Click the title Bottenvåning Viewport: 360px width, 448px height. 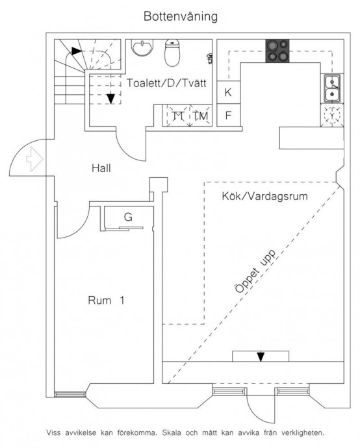[x=181, y=17]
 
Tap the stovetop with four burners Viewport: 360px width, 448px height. [x=277, y=51]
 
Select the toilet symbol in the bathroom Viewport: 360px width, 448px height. [x=172, y=53]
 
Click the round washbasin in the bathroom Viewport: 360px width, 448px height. [x=142, y=47]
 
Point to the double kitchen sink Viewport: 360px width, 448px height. [x=332, y=88]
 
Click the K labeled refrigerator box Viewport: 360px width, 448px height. [x=228, y=92]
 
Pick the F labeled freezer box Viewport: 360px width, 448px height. [x=228, y=115]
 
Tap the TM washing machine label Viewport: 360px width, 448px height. [x=200, y=116]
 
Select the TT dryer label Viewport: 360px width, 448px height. [x=178, y=116]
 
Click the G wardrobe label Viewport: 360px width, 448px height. [x=128, y=217]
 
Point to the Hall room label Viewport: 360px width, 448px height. [x=101, y=168]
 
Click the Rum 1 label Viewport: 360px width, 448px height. [x=106, y=300]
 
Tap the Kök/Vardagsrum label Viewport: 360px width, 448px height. [x=264, y=196]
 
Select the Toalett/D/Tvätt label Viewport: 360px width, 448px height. [x=166, y=83]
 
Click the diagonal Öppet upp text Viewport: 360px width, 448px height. [x=255, y=271]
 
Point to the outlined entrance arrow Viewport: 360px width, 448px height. [x=35, y=159]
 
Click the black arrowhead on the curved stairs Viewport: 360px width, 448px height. [x=76, y=51]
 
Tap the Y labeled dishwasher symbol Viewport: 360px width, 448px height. [x=332, y=115]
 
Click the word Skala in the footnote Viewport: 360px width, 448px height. [x=172, y=432]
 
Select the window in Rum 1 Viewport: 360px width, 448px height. [x=70, y=395]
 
